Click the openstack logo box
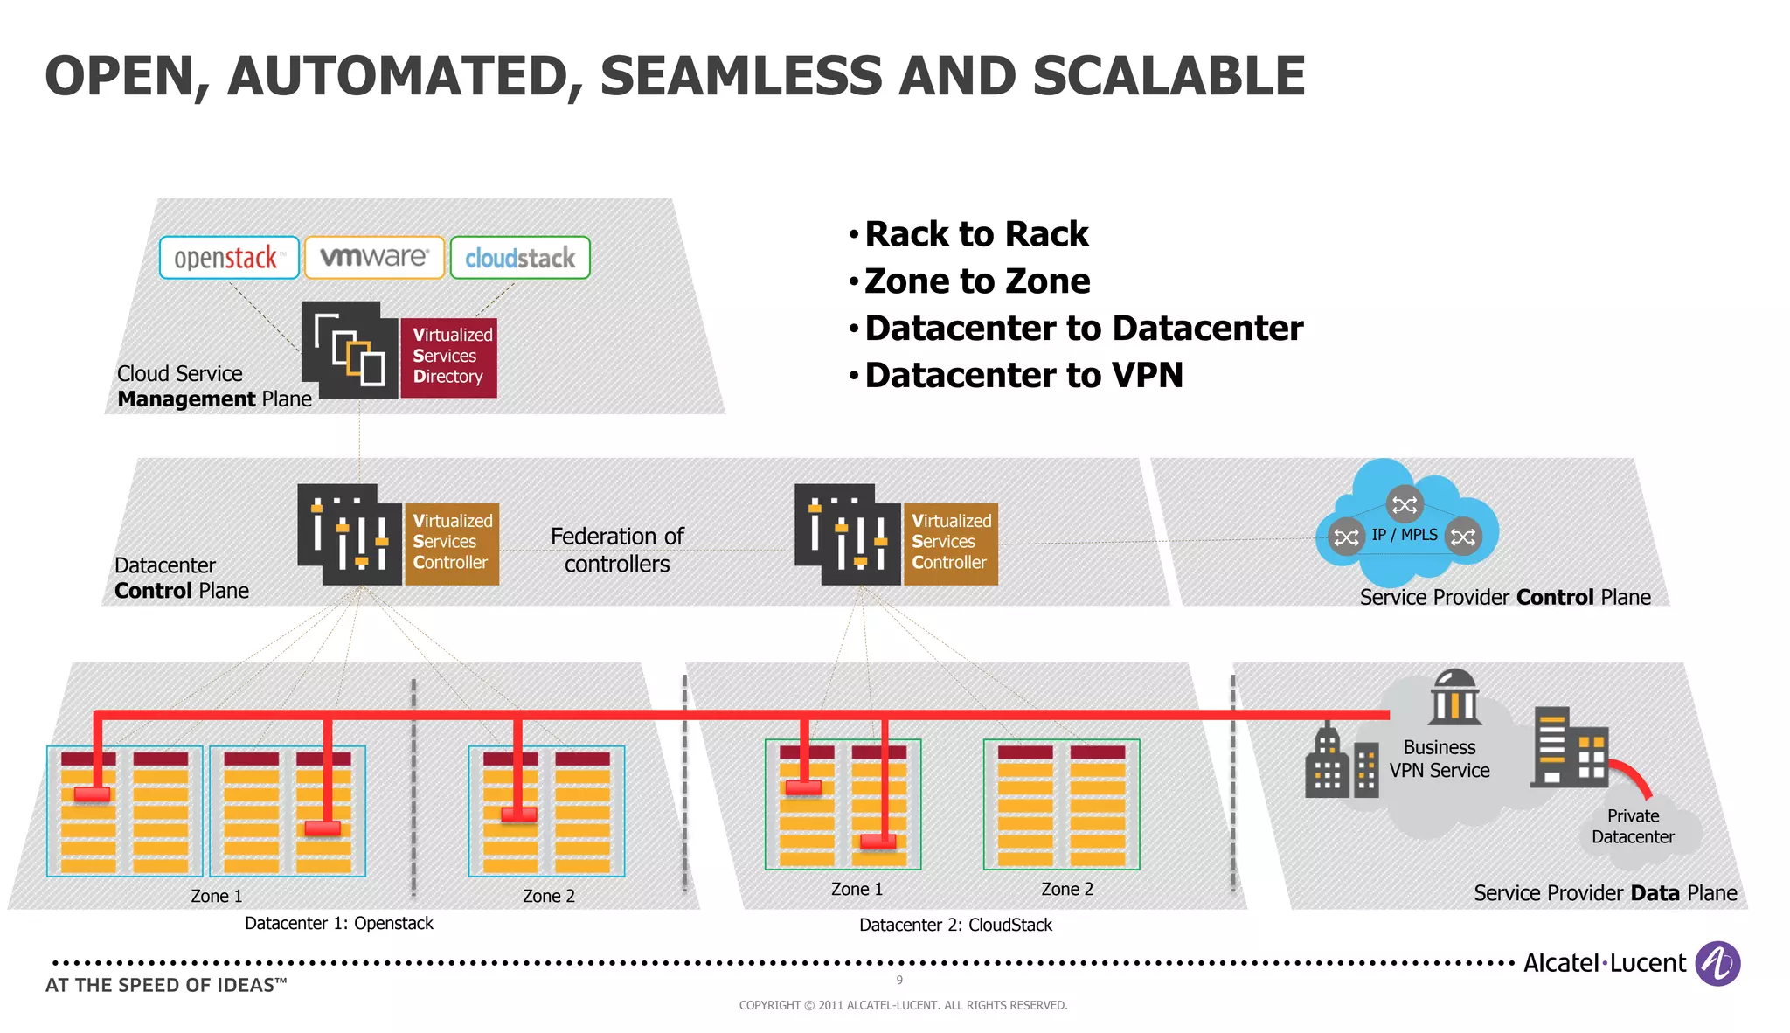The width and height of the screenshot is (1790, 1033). point(229,258)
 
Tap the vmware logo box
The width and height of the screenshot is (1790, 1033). point(374,258)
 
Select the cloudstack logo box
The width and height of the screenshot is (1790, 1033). point(520,258)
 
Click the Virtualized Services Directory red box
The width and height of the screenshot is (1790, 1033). point(449,357)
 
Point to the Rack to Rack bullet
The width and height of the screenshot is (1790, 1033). point(975,234)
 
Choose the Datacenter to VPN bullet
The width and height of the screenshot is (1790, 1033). point(1023,376)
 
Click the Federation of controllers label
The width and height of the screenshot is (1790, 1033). point(617,550)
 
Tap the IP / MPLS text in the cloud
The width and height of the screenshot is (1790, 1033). point(1404,534)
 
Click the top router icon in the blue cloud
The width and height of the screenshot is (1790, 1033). point(1405,504)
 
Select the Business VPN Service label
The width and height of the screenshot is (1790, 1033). point(1440,759)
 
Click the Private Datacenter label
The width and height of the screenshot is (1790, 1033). point(1633,826)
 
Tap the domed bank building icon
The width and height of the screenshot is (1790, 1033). point(1454,697)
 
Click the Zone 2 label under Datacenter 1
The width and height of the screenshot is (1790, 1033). point(548,896)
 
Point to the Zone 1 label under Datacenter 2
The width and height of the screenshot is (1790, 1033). point(857,889)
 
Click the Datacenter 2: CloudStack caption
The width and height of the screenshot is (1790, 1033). point(955,925)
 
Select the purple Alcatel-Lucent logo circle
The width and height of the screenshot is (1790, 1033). point(1717,963)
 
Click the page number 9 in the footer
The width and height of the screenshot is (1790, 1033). point(899,981)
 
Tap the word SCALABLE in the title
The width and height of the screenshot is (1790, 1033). point(1169,76)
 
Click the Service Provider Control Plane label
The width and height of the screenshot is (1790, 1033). point(1505,597)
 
